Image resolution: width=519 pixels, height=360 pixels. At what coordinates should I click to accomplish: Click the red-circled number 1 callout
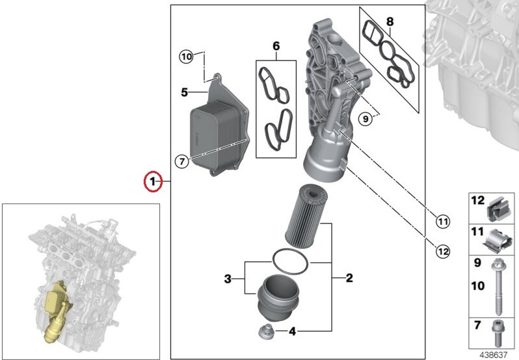pos(153,181)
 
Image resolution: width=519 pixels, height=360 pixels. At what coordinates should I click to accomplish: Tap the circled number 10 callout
pos(187,57)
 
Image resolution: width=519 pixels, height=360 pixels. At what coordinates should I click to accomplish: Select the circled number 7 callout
pos(181,162)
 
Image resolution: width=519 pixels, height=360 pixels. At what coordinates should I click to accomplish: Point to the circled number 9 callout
pos(366,118)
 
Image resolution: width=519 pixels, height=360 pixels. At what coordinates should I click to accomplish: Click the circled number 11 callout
pos(443,221)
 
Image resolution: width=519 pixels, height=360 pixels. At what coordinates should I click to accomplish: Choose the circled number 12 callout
pos(443,252)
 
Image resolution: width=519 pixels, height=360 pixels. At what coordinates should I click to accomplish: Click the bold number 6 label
pos(276,46)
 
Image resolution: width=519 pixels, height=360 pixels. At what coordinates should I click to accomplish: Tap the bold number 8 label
pos(390,22)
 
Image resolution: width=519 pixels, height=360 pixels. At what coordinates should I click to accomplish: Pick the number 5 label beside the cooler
pos(184,92)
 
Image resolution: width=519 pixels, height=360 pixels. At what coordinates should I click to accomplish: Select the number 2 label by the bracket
pos(349,278)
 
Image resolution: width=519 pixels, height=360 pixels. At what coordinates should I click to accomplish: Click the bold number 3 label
pos(228,279)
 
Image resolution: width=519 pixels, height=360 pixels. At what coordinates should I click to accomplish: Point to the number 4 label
pos(292,331)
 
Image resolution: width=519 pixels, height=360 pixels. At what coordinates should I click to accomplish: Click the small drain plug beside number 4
pos(266,331)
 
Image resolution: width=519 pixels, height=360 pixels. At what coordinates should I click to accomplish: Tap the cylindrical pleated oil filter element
pos(306,216)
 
